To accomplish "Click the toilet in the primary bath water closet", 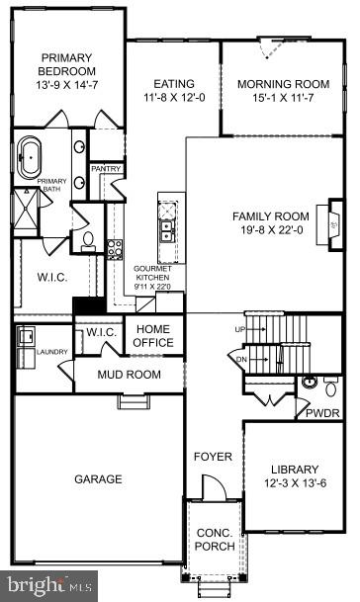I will click(x=88, y=238).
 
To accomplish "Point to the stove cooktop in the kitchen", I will click(x=114, y=248).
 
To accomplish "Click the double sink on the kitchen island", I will click(x=166, y=230).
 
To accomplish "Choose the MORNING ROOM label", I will click(x=283, y=84).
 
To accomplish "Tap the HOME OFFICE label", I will click(x=154, y=336).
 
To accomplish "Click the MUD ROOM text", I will click(x=129, y=375).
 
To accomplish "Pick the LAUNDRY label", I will click(x=51, y=351).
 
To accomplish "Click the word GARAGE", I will click(x=99, y=479).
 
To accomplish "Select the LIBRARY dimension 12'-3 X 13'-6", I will click(x=295, y=483).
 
